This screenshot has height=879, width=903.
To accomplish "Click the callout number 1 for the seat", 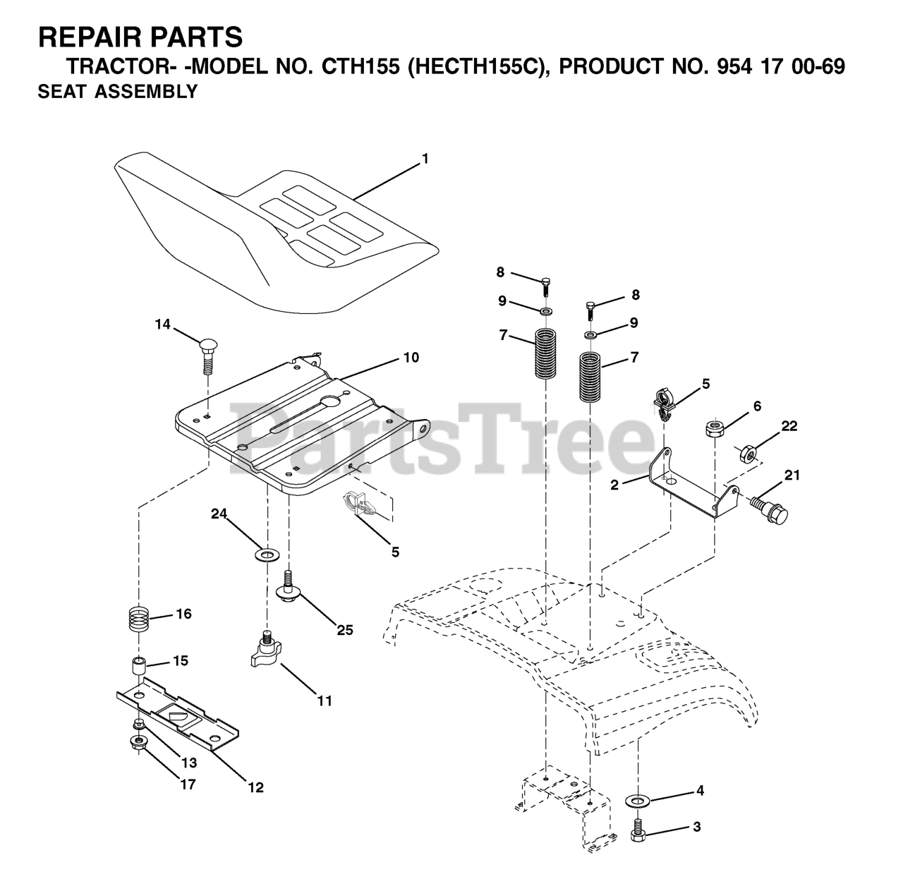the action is pos(425,159).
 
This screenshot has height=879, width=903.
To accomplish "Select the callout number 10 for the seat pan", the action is pos(411,358).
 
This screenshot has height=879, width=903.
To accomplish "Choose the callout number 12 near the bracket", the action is pos(255,787).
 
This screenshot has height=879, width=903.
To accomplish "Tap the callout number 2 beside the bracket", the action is pos(614,485).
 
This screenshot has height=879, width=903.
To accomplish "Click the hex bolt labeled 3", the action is pos(639,831).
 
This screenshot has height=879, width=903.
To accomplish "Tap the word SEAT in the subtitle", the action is pos(62,92).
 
